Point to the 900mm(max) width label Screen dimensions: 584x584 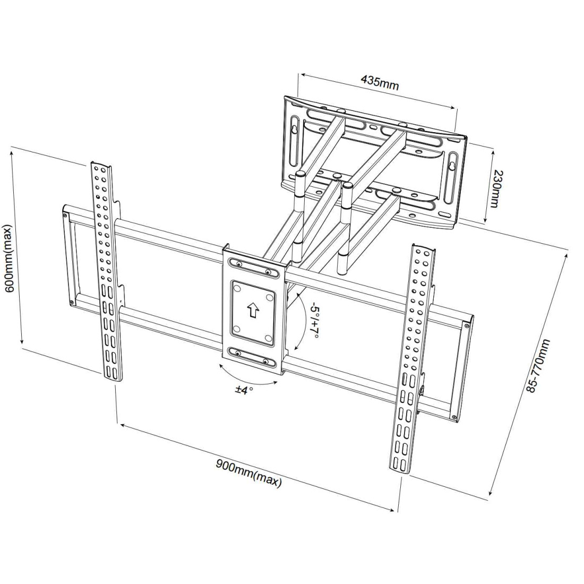[248, 472]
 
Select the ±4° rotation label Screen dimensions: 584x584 [244, 390]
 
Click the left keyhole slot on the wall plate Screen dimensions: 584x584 [294, 131]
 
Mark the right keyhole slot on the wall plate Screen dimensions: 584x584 [451, 167]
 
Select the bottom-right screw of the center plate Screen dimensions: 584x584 [265, 362]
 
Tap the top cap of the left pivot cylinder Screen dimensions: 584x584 [300, 174]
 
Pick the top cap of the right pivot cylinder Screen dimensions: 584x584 [347, 186]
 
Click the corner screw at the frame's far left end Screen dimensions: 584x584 [65, 215]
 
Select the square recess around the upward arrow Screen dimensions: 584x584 [253, 311]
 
